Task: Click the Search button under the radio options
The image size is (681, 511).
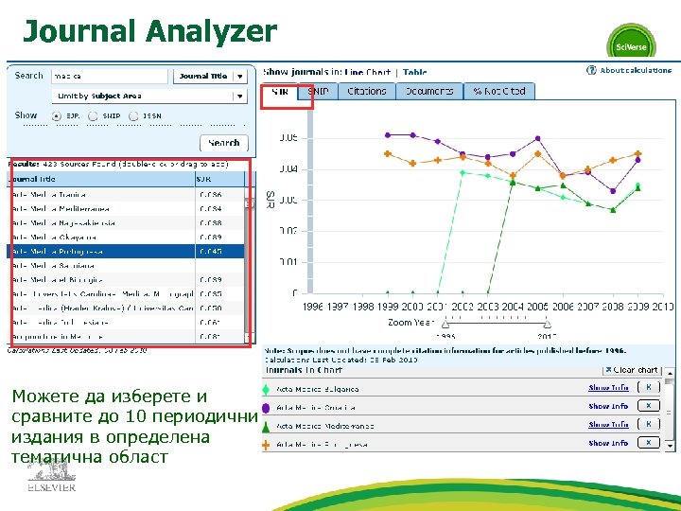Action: tap(224, 143)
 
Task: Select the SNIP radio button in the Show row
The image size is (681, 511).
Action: tap(96, 115)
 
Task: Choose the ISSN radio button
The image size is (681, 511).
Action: tap(136, 115)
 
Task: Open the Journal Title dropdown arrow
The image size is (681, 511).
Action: tap(241, 76)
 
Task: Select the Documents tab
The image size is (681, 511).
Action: tap(430, 91)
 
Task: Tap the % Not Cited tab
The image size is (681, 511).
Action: tap(498, 91)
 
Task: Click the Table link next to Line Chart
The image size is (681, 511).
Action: tap(415, 72)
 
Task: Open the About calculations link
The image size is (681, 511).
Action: tap(635, 70)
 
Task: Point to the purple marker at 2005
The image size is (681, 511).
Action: tap(537, 141)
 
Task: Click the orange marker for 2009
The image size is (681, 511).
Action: tap(638, 153)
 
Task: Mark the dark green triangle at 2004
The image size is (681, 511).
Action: tap(512, 183)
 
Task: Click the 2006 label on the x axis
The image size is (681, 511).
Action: tap(563, 307)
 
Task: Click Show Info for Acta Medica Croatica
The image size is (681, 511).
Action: tap(608, 406)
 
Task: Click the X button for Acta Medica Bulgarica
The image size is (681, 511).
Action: tap(648, 387)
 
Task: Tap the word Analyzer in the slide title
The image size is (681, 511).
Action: tap(210, 31)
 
